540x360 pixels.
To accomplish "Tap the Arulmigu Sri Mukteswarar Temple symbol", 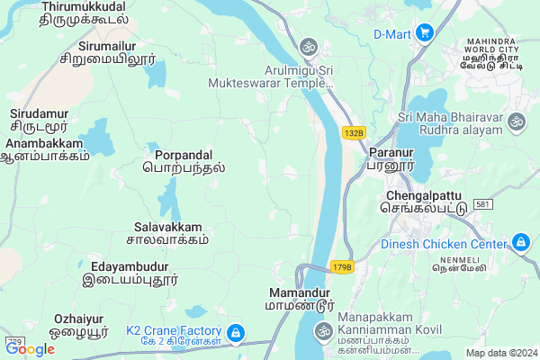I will [x=309, y=45].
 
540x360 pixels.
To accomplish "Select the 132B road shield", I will [x=355, y=133].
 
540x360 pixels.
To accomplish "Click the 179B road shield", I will [x=342, y=267].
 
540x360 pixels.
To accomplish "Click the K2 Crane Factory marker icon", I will [x=235, y=333].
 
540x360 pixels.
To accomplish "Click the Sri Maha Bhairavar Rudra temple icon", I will [x=516, y=120].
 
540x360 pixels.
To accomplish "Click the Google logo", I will [x=29, y=349].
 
